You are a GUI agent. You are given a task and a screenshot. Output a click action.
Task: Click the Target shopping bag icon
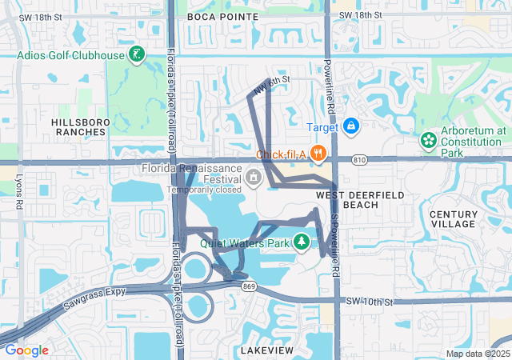[350, 126]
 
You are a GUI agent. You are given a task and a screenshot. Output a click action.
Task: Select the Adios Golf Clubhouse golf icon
[138, 55]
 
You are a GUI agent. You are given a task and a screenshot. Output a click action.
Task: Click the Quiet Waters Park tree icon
[302, 242]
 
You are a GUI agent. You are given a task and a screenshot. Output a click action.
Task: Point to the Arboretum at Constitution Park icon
[429, 141]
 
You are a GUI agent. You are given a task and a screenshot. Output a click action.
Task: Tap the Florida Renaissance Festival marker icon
[254, 177]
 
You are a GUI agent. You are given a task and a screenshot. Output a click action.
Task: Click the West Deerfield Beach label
[348, 200]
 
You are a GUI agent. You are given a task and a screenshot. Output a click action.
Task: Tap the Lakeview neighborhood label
[267, 350]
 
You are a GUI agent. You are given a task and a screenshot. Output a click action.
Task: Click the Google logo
[26, 350]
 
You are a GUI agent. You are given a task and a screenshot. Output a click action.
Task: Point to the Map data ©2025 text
[477, 354]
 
